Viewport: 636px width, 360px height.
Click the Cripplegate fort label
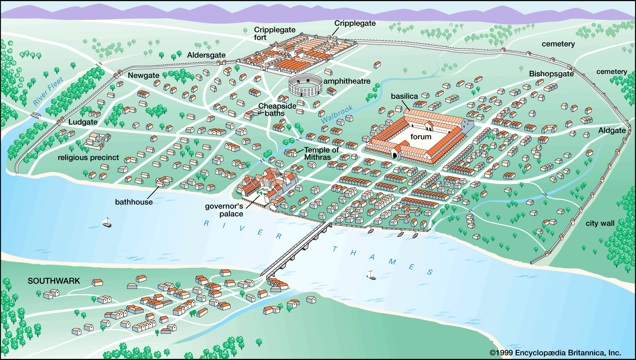click(x=274, y=33)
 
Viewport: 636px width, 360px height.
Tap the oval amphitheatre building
click(x=305, y=85)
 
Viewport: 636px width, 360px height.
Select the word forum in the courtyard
click(x=421, y=137)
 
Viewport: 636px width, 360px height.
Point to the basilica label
click(x=404, y=96)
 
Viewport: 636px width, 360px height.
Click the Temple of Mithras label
click(x=321, y=153)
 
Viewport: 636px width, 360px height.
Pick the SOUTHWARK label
click(x=54, y=281)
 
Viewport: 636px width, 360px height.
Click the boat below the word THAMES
click(x=371, y=275)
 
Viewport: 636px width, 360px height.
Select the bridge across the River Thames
click(x=298, y=250)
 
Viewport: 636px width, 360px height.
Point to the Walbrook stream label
click(x=337, y=114)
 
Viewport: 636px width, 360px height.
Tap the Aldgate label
click(x=612, y=130)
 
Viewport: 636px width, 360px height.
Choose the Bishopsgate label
click(x=551, y=74)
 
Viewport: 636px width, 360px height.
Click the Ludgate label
click(x=83, y=122)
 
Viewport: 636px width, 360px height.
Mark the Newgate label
click(x=143, y=75)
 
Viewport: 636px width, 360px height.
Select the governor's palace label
click(x=225, y=210)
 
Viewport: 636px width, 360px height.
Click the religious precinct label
click(x=88, y=158)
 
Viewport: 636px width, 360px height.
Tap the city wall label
click(x=600, y=223)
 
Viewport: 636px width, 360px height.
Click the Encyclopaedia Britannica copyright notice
click(x=555, y=353)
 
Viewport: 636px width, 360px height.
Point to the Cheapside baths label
click(x=277, y=110)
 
